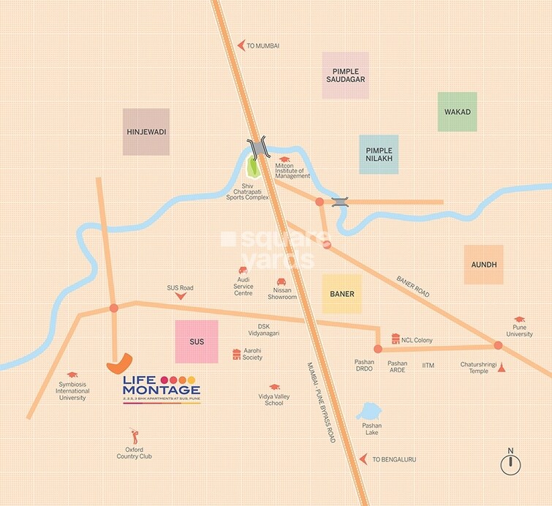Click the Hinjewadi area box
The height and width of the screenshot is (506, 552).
(146, 132)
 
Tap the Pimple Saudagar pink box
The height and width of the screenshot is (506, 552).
(345, 75)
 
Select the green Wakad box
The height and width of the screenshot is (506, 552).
(457, 112)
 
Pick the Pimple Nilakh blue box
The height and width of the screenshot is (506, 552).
(379, 154)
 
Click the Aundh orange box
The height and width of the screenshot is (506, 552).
(483, 265)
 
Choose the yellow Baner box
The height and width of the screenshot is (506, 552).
(341, 294)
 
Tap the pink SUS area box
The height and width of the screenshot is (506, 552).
(197, 341)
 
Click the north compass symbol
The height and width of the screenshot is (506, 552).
(510, 464)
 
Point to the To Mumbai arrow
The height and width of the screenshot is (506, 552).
(241, 45)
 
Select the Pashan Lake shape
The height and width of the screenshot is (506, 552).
(370, 413)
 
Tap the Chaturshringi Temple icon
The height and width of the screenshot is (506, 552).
(502, 368)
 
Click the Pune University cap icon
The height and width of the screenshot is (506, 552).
(519, 320)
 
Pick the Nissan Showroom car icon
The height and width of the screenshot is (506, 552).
(281, 282)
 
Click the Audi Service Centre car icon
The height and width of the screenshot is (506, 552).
(243, 270)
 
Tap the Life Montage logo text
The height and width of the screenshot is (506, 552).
(160, 388)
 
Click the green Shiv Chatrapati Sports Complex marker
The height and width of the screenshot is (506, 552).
(254, 167)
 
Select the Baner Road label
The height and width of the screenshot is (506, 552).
(413, 286)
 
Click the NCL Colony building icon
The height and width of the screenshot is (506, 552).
(396, 339)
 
